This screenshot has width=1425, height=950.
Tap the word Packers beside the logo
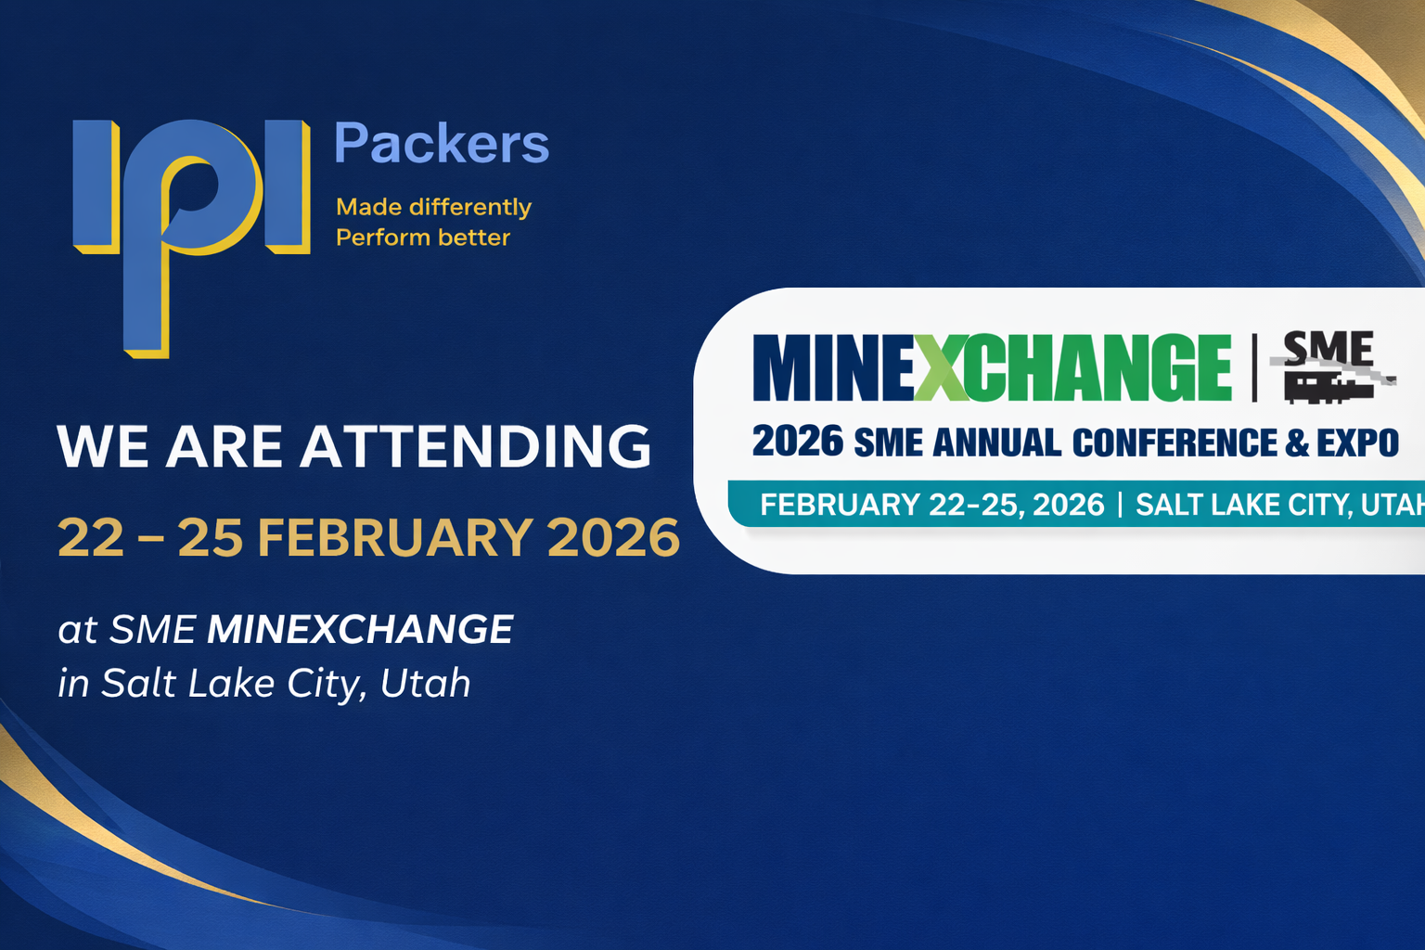tap(441, 145)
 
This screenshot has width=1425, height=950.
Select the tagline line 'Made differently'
tap(433, 206)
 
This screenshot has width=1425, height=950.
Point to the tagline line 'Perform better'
tap(422, 237)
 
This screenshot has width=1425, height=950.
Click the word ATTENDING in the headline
tap(475, 446)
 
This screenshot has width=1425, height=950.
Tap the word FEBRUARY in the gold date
tap(393, 537)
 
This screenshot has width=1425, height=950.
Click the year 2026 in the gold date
tap(613, 537)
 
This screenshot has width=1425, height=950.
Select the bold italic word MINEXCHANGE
tap(359, 629)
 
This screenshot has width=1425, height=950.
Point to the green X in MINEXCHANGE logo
tap(941, 367)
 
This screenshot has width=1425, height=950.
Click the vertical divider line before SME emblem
tap(1254, 367)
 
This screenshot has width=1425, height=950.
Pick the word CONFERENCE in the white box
tap(1175, 443)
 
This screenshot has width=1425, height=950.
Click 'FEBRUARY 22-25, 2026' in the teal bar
tap(931, 505)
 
